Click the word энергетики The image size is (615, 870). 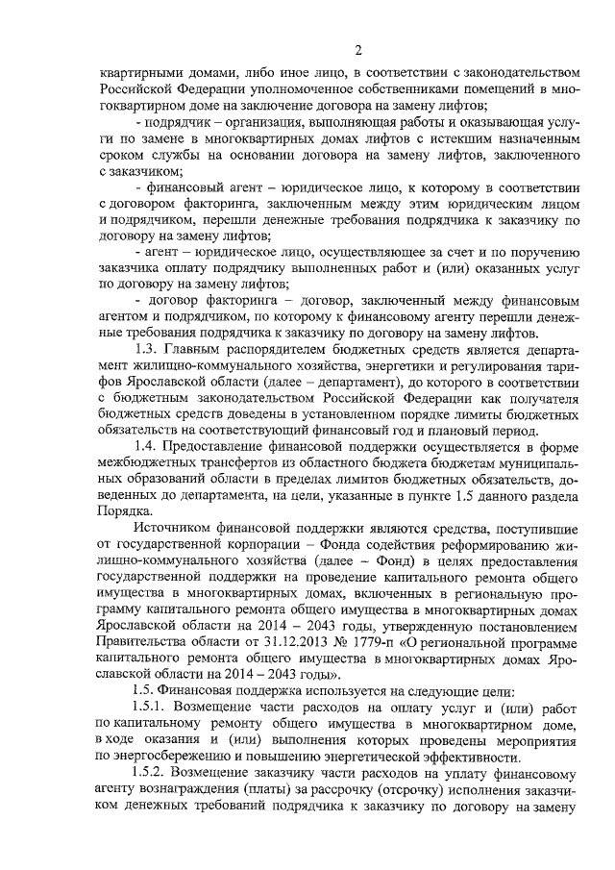tap(381, 364)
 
